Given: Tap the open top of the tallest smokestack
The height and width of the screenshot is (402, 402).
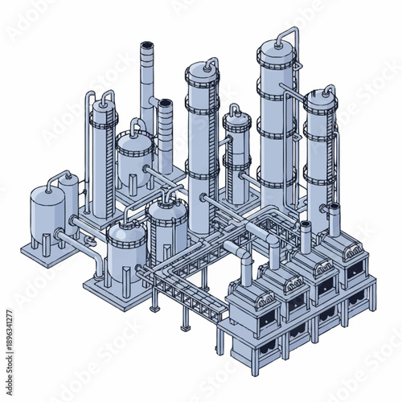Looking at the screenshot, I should [x=148, y=46].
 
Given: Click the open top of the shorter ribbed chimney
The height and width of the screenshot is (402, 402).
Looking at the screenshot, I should [x=165, y=105].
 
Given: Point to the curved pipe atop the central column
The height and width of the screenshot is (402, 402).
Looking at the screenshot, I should [x=208, y=62].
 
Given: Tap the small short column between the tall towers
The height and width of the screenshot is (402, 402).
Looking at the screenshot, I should [x=236, y=153].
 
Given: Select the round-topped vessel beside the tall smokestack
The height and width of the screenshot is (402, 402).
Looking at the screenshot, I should [x=134, y=153].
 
